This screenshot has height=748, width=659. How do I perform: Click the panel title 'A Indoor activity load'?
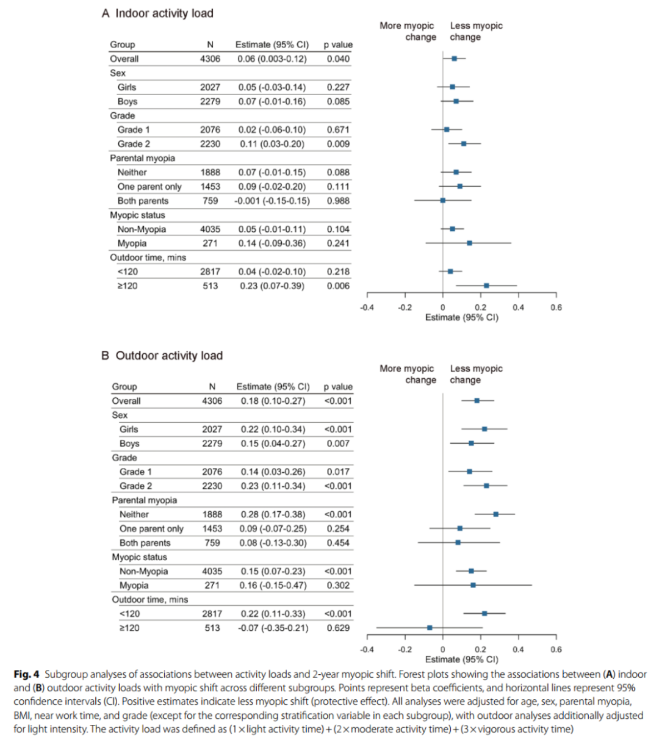(x=157, y=13)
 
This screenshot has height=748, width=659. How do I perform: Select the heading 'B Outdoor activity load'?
(x=162, y=355)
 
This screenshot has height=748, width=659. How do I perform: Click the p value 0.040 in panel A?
(x=338, y=59)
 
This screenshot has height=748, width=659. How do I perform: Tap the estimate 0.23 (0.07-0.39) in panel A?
(x=271, y=286)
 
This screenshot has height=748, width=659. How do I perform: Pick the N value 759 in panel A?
(x=210, y=201)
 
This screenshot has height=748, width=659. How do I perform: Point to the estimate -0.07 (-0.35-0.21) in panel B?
(x=273, y=627)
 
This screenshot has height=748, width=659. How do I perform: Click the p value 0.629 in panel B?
(x=338, y=627)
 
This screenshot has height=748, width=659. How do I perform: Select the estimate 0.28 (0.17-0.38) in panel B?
(x=273, y=514)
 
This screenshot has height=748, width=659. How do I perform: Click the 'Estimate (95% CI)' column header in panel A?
(x=272, y=45)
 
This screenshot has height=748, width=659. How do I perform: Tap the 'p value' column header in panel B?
(x=338, y=386)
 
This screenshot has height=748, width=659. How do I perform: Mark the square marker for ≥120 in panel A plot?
(x=486, y=286)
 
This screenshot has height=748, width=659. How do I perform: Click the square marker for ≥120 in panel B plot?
(x=430, y=627)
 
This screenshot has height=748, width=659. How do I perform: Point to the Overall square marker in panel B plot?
(x=477, y=401)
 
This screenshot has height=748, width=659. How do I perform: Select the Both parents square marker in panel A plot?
(x=442, y=200)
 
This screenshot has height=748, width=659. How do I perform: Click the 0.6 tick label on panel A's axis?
(x=555, y=307)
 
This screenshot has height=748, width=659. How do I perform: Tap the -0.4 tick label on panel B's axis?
(x=367, y=650)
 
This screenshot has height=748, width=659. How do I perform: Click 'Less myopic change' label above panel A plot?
(x=476, y=31)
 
